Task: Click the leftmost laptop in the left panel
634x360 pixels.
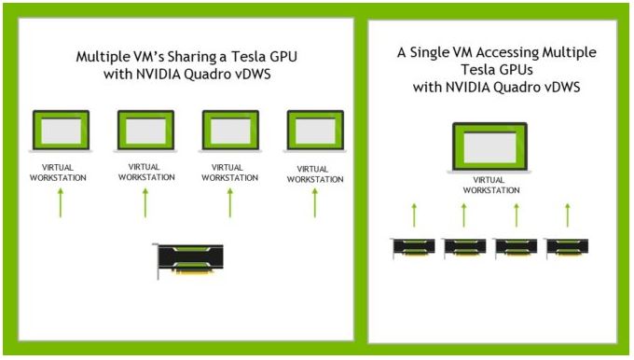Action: pyautogui.click(x=61, y=132)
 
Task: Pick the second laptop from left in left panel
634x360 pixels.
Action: pyautogui.click(x=145, y=132)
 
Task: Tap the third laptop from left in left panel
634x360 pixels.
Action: pyautogui.click(x=230, y=132)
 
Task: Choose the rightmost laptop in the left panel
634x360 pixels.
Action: pyautogui.click(x=315, y=132)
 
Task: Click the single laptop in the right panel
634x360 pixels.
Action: pyautogui.click(x=489, y=147)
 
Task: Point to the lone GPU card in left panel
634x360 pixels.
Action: pyautogui.click(x=188, y=260)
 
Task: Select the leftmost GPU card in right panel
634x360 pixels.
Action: pyautogui.click(x=413, y=247)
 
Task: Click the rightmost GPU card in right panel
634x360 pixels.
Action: pyautogui.click(x=567, y=247)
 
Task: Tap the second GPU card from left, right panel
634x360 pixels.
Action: pyautogui.click(x=464, y=247)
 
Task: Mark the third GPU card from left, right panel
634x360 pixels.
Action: pyautogui.click(x=516, y=247)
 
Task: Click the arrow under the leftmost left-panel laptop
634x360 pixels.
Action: pyautogui.click(x=61, y=203)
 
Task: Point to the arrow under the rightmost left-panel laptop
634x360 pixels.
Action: pyautogui.click(x=315, y=203)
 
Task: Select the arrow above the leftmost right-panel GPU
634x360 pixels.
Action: pyautogui.click(x=414, y=215)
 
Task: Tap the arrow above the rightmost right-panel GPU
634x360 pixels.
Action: pyautogui.click(x=567, y=215)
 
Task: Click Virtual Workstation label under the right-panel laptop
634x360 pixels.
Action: pyautogui.click(x=490, y=186)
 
